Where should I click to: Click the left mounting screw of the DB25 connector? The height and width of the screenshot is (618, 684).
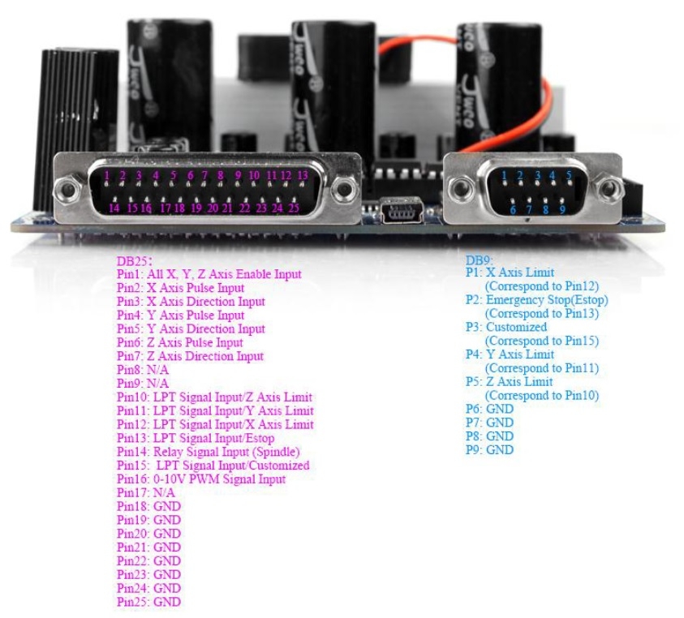click(69, 189)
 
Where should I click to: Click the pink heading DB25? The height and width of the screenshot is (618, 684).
click(135, 261)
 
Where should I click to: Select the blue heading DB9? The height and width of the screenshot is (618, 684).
click(480, 260)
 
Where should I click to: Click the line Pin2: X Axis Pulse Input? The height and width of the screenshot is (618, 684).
click(180, 288)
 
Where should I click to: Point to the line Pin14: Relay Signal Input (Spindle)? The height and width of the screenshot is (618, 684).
click(208, 452)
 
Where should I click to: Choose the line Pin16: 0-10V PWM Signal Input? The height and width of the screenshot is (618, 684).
click(201, 479)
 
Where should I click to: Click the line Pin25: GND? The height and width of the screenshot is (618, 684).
click(148, 602)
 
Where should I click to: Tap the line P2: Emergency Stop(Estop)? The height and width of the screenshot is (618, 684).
click(536, 300)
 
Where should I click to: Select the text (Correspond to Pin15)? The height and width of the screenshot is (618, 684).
click(542, 341)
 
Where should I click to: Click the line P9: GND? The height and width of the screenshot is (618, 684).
click(489, 449)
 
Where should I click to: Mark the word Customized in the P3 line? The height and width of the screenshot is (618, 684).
click(517, 327)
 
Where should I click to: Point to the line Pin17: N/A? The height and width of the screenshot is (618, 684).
click(145, 493)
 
